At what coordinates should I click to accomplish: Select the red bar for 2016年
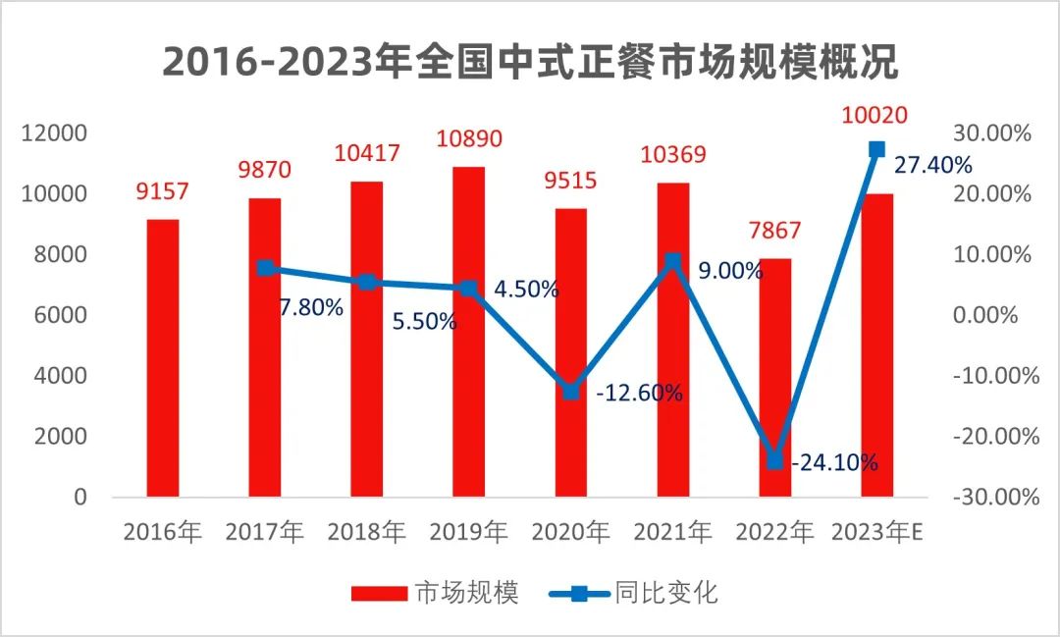[162, 358]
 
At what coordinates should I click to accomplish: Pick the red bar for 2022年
[774, 378]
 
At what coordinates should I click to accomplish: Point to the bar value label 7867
[774, 231]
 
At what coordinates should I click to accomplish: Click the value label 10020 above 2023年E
[875, 116]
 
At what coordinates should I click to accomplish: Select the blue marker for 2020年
[570, 391]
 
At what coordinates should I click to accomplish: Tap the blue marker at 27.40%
[876, 149]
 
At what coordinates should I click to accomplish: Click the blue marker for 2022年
[774, 460]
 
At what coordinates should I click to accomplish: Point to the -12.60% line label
[639, 394]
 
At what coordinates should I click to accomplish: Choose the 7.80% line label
[311, 308]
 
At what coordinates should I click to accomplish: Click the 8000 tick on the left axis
[64, 255]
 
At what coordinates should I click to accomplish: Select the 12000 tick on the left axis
[58, 133]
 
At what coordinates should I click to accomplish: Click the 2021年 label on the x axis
[672, 533]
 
